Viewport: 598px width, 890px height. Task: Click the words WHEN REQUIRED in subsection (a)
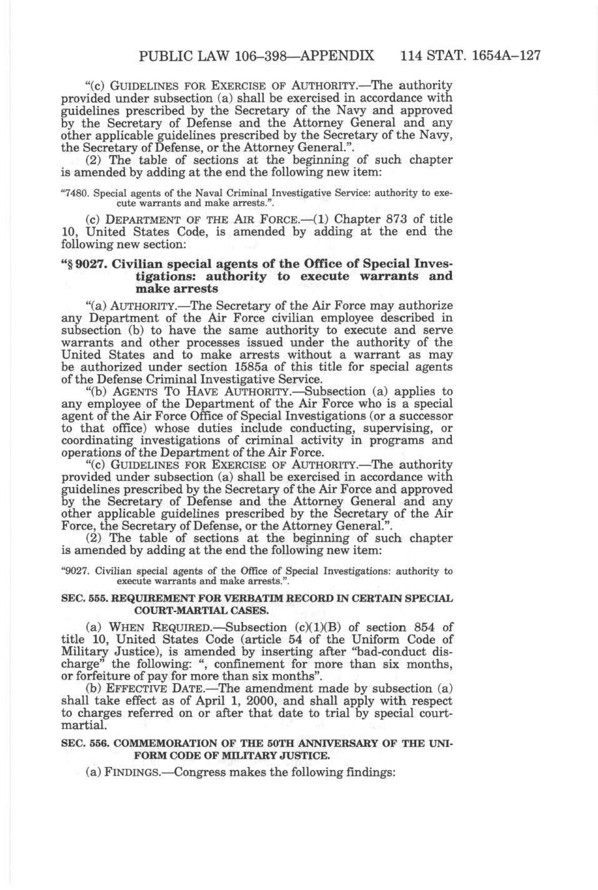150,627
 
